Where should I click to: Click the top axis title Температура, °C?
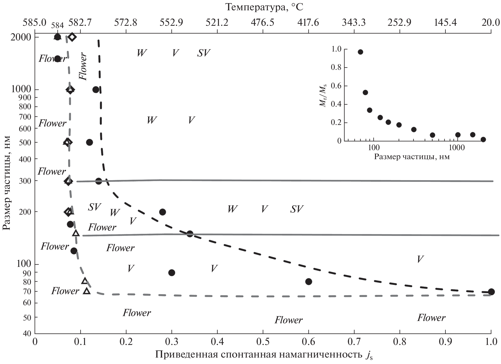point(264,7)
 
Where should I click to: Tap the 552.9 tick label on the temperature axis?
point(171,23)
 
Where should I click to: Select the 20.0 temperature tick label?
point(491,23)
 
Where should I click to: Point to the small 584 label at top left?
point(57,25)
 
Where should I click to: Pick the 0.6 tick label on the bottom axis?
point(308,342)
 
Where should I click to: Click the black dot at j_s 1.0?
point(491,292)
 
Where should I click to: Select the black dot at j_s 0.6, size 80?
point(308,282)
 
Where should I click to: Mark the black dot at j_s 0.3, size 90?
point(172,273)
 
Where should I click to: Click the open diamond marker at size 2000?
point(72,37)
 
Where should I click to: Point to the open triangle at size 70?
point(87,291)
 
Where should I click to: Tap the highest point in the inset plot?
point(360,52)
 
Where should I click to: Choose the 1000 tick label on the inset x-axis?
point(457,148)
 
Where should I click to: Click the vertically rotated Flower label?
point(83,67)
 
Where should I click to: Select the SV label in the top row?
point(204,53)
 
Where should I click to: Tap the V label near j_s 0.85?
point(420,259)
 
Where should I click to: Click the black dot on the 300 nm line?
point(98,181)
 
